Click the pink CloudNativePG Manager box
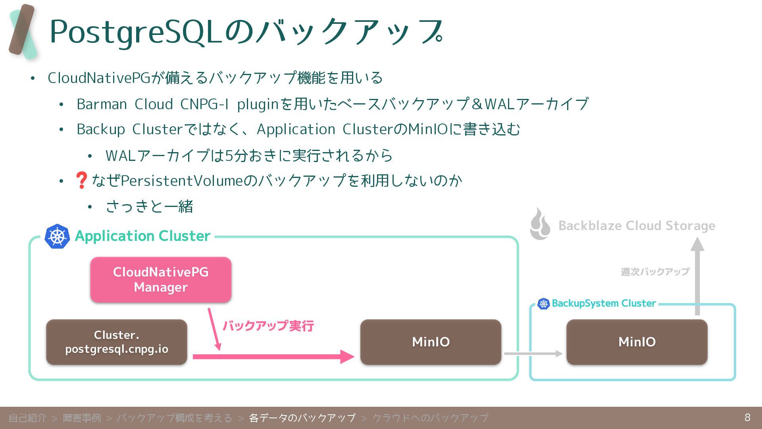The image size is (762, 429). pos(161,280)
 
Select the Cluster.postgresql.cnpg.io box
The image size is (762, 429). pos(117,342)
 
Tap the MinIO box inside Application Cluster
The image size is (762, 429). pos(431,342)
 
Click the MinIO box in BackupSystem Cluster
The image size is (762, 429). pos(637,342)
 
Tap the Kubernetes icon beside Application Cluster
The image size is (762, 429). pos(57,236)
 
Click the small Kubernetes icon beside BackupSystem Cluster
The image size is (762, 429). pos(543,304)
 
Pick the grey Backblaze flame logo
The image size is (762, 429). pos(540,225)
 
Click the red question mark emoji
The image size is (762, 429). pos(81,180)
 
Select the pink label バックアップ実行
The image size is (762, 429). pos(268,326)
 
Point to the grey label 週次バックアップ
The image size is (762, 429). pos(655,272)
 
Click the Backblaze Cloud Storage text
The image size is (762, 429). pos(637,226)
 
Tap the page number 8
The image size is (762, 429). pos(747,417)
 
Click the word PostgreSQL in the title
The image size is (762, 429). pos(135,32)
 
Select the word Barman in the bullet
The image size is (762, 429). pos(102,104)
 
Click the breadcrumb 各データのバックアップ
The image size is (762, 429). pos(302,418)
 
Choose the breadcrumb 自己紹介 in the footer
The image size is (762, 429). pos(27,418)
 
